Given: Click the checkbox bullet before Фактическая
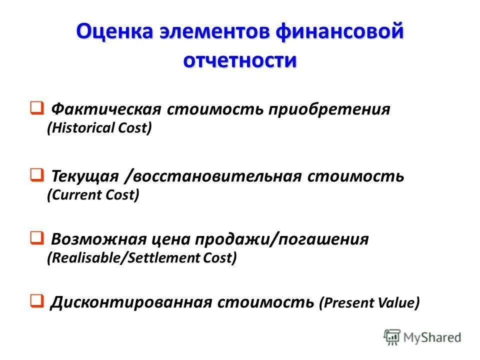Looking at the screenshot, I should pyautogui.click(x=35, y=108).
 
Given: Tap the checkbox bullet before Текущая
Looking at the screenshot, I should pyautogui.click(x=35, y=175).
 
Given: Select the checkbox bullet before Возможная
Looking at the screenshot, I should pyautogui.click(x=35, y=238).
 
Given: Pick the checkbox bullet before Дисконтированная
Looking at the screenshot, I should pyautogui.click(x=35, y=301).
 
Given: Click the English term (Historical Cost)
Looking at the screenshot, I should pyautogui.click(x=99, y=128).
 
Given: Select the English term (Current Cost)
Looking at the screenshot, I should pyautogui.click(x=93, y=194).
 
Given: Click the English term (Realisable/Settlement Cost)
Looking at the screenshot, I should pyautogui.click(x=141, y=257).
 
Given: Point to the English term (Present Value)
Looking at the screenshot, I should pyautogui.click(x=369, y=303).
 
